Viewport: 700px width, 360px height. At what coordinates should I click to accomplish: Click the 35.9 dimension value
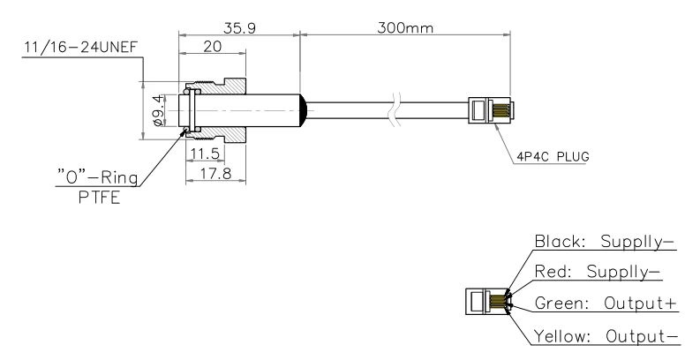point(239,28)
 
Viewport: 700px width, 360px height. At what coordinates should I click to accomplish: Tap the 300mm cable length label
point(405,28)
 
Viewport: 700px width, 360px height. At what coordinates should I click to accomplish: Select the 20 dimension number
point(212,46)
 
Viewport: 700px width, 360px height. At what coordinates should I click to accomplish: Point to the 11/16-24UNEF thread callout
point(81,47)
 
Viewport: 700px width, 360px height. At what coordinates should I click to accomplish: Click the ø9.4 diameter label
point(160,110)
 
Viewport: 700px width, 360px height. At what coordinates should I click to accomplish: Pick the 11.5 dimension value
point(205,154)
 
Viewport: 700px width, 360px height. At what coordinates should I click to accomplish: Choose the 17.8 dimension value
point(215,173)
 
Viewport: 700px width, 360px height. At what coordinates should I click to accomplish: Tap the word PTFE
point(100,197)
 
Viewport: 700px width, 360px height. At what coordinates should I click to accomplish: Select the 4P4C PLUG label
point(553,157)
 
